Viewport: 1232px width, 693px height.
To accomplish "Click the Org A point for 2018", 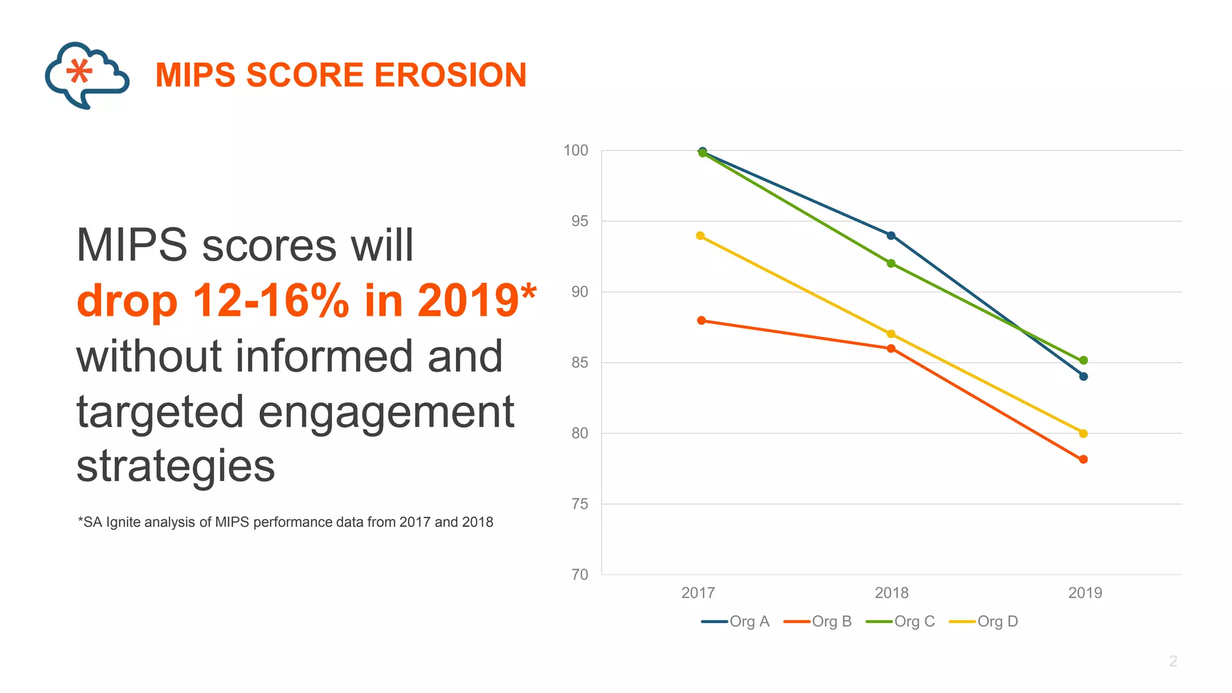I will click(891, 236).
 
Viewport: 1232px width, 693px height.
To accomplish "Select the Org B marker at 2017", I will click(701, 321).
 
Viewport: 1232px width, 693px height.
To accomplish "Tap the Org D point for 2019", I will click(1083, 433).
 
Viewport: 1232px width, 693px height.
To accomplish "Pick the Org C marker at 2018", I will click(891, 263).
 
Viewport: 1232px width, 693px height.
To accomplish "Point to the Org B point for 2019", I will click(1083, 460).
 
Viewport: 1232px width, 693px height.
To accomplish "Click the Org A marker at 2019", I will click(1083, 377).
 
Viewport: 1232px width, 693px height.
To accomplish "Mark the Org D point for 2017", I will click(700, 236).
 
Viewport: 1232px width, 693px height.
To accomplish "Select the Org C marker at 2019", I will click(1083, 360).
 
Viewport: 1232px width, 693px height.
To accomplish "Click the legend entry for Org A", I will click(736, 621).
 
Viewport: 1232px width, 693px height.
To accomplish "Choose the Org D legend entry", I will click(984, 621).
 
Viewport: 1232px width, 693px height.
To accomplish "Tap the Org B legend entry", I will click(818, 621).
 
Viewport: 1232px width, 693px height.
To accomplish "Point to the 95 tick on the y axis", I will click(579, 221).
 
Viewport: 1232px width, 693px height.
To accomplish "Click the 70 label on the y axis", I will click(579, 574).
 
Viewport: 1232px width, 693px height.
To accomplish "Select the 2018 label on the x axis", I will click(892, 593).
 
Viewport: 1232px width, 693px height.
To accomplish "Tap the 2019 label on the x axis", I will click(1085, 593).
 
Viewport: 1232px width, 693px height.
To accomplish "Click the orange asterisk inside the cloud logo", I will click(79, 71).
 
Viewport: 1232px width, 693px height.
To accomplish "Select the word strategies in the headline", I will click(176, 466).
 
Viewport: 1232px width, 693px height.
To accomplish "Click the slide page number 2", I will click(1172, 661).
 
